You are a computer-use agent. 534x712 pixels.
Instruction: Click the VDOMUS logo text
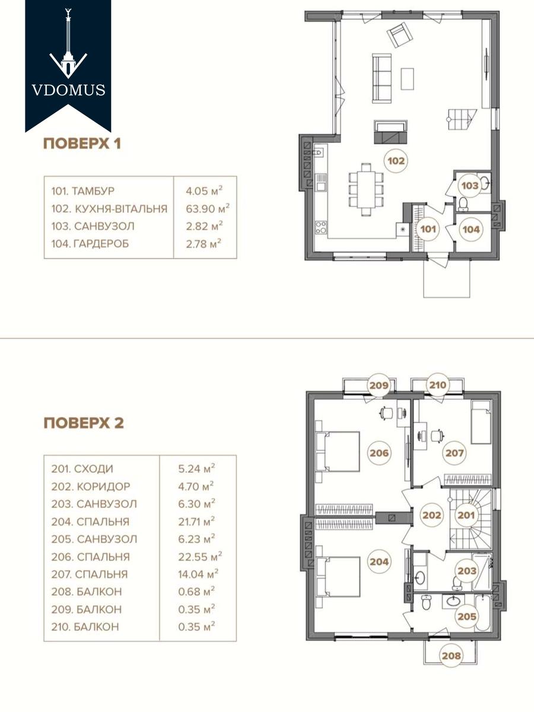click(68, 90)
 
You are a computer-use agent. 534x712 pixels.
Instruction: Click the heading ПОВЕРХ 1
click(82, 144)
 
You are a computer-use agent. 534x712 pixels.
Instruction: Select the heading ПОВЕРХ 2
click(84, 423)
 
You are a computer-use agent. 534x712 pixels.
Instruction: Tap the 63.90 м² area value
click(208, 208)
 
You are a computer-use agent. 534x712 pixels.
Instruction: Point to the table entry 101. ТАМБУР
click(82, 190)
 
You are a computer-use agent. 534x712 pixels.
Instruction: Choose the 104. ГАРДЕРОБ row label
click(90, 244)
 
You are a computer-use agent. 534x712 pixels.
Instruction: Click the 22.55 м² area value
click(200, 557)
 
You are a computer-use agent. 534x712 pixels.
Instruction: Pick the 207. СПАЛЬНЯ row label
click(89, 574)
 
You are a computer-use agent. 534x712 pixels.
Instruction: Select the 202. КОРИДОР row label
click(90, 487)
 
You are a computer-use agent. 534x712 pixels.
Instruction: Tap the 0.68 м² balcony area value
click(196, 592)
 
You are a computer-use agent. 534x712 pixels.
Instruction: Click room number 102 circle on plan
click(396, 161)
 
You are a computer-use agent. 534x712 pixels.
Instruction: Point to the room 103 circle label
click(469, 186)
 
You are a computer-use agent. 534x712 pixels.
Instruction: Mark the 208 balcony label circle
click(452, 656)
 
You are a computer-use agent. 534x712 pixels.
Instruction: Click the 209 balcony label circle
click(379, 385)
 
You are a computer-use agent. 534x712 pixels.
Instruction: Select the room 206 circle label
click(379, 453)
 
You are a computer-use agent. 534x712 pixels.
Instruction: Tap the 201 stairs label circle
click(466, 515)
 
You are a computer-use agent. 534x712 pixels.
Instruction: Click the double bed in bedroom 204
click(338, 577)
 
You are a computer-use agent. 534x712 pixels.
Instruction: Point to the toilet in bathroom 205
click(426, 603)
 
